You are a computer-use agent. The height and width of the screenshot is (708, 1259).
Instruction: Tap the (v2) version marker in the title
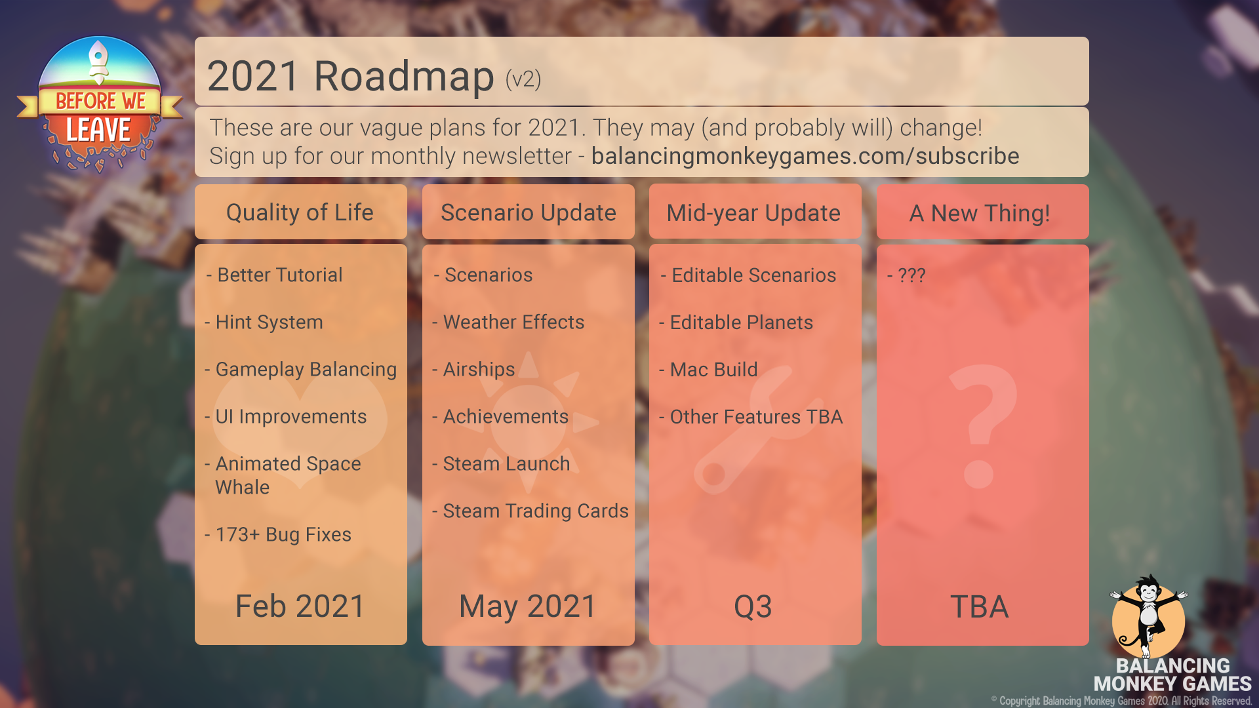click(523, 79)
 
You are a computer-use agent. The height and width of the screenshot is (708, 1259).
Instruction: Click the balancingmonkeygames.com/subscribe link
click(805, 156)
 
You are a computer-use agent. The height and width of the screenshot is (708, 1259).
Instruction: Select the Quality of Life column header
click(300, 212)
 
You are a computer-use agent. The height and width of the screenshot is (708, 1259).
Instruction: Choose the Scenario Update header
click(529, 212)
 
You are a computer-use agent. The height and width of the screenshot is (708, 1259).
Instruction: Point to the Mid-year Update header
click(753, 213)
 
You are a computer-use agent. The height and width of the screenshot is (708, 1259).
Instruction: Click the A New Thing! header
click(980, 213)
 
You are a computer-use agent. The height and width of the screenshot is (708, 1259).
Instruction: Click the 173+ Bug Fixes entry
click(278, 534)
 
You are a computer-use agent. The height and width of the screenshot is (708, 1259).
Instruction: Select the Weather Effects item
click(508, 322)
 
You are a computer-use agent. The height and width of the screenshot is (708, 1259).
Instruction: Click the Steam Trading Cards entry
click(530, 511)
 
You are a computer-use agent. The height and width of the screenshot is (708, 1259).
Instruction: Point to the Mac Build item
click(708, 369)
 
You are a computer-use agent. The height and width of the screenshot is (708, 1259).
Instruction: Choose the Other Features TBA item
click(751, 416)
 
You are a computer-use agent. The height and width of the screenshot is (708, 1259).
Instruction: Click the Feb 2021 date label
click(300, 606)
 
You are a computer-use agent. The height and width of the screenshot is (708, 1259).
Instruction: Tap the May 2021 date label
click(528, 606)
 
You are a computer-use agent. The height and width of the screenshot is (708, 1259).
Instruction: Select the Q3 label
click(753, 606)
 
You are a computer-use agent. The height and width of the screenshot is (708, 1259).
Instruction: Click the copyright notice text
click(1121, 701)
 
